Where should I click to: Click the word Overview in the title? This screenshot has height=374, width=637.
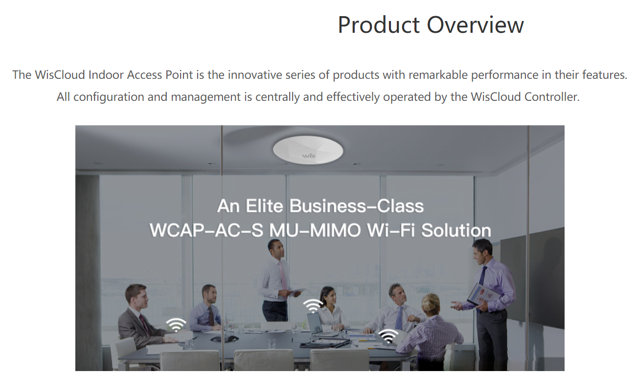pyautogui.click(x=475, y=25)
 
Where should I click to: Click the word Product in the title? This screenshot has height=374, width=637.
pyautogui.click(x=379, y=25)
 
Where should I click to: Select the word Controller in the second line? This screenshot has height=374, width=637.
pyautogui.click(x=552, y=97)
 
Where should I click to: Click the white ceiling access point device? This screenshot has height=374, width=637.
pyautogui.click(x=308, y=150)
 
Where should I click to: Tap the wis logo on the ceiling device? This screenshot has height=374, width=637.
pyautogui.click(x=309, y=155)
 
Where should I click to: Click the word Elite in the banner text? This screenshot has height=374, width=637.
pyautogui.click(x=265, y=206)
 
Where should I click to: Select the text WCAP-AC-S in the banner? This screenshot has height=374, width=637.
pyautogui.click(x=206, y=230)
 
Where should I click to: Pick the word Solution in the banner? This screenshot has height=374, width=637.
pyautogui.click(x=456, y=230)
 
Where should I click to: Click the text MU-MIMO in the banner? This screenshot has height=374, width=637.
pyautogui.click(x=315, y=230)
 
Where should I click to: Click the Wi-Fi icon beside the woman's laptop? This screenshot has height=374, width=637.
pyautogui.click(x=313, y=306)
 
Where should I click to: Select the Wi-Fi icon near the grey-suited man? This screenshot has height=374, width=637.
pyautogui.click(x=176, y=325)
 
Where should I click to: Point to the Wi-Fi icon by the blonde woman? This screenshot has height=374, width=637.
pyautogui.click(x=388, y=336)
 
